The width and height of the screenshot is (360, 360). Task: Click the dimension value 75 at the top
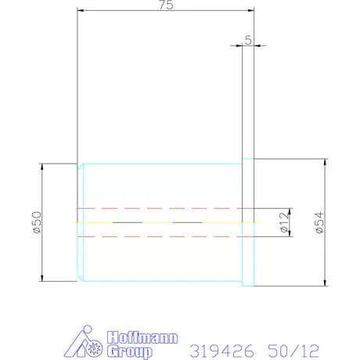tap(165, 5)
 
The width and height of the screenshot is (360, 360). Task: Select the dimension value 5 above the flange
tap(248, 39)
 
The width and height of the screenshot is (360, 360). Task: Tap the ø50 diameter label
tap(34, 223)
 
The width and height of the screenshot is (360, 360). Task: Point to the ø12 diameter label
tap(283, 224)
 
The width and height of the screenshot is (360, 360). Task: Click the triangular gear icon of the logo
tap(88, 344)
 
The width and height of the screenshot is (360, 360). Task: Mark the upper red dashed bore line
tap(164, 209)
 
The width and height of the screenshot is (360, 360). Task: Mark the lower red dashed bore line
tap(164, 237)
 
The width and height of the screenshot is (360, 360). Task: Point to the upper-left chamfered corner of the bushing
tap(81, 167)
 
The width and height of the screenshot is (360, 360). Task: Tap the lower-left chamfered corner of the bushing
tap(81, 278)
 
